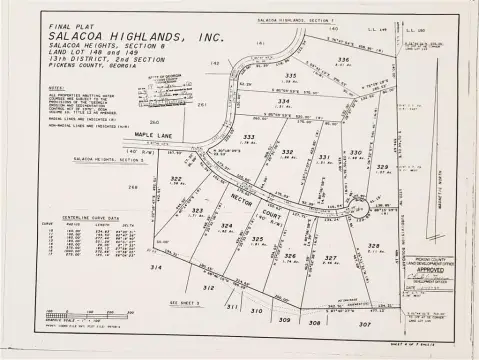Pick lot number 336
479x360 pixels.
[x=343, y=60]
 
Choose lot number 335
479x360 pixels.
[x=291, y=76]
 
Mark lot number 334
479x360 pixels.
[x=284, y=101]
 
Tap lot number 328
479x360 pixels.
[x=374, y=246]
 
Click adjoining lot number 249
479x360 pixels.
[x=132, y=187]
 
